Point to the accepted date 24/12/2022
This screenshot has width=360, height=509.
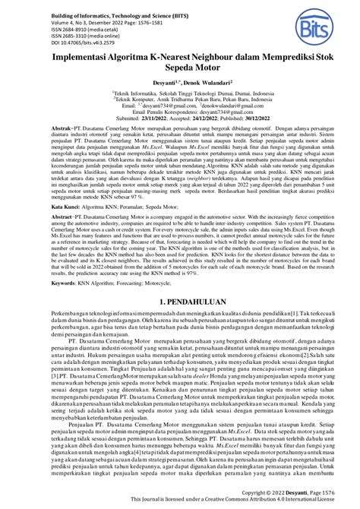(x=188, y=141)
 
